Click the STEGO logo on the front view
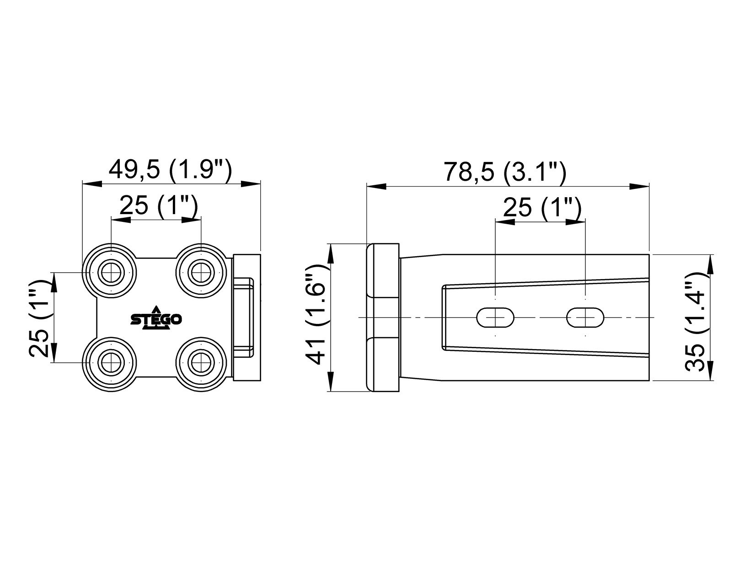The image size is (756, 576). pyautogui.click(x=156, y=318)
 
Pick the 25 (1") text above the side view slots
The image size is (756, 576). pyautogui.click(x=542, y=208)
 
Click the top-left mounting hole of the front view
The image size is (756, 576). pyautogui.click(x=111, y=273)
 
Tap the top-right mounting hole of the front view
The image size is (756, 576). pyautogui.click(x=200, y=273)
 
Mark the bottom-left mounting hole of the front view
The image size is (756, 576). pyautogui.click(x=111, y=363)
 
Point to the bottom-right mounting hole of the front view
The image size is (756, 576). pyautogui.click(x=200, y=363)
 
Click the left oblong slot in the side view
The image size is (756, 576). pyautogui.click(x=495, y=318)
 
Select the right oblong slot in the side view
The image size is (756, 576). pyautogui.click(x=585, y=318)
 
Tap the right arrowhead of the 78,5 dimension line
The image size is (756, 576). pyautogui.click(x=640, y=186)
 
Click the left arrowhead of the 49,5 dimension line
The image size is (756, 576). pyautogui.click(x=91, y=183)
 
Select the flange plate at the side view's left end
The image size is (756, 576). pyautogui.click(x=383, y=318)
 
